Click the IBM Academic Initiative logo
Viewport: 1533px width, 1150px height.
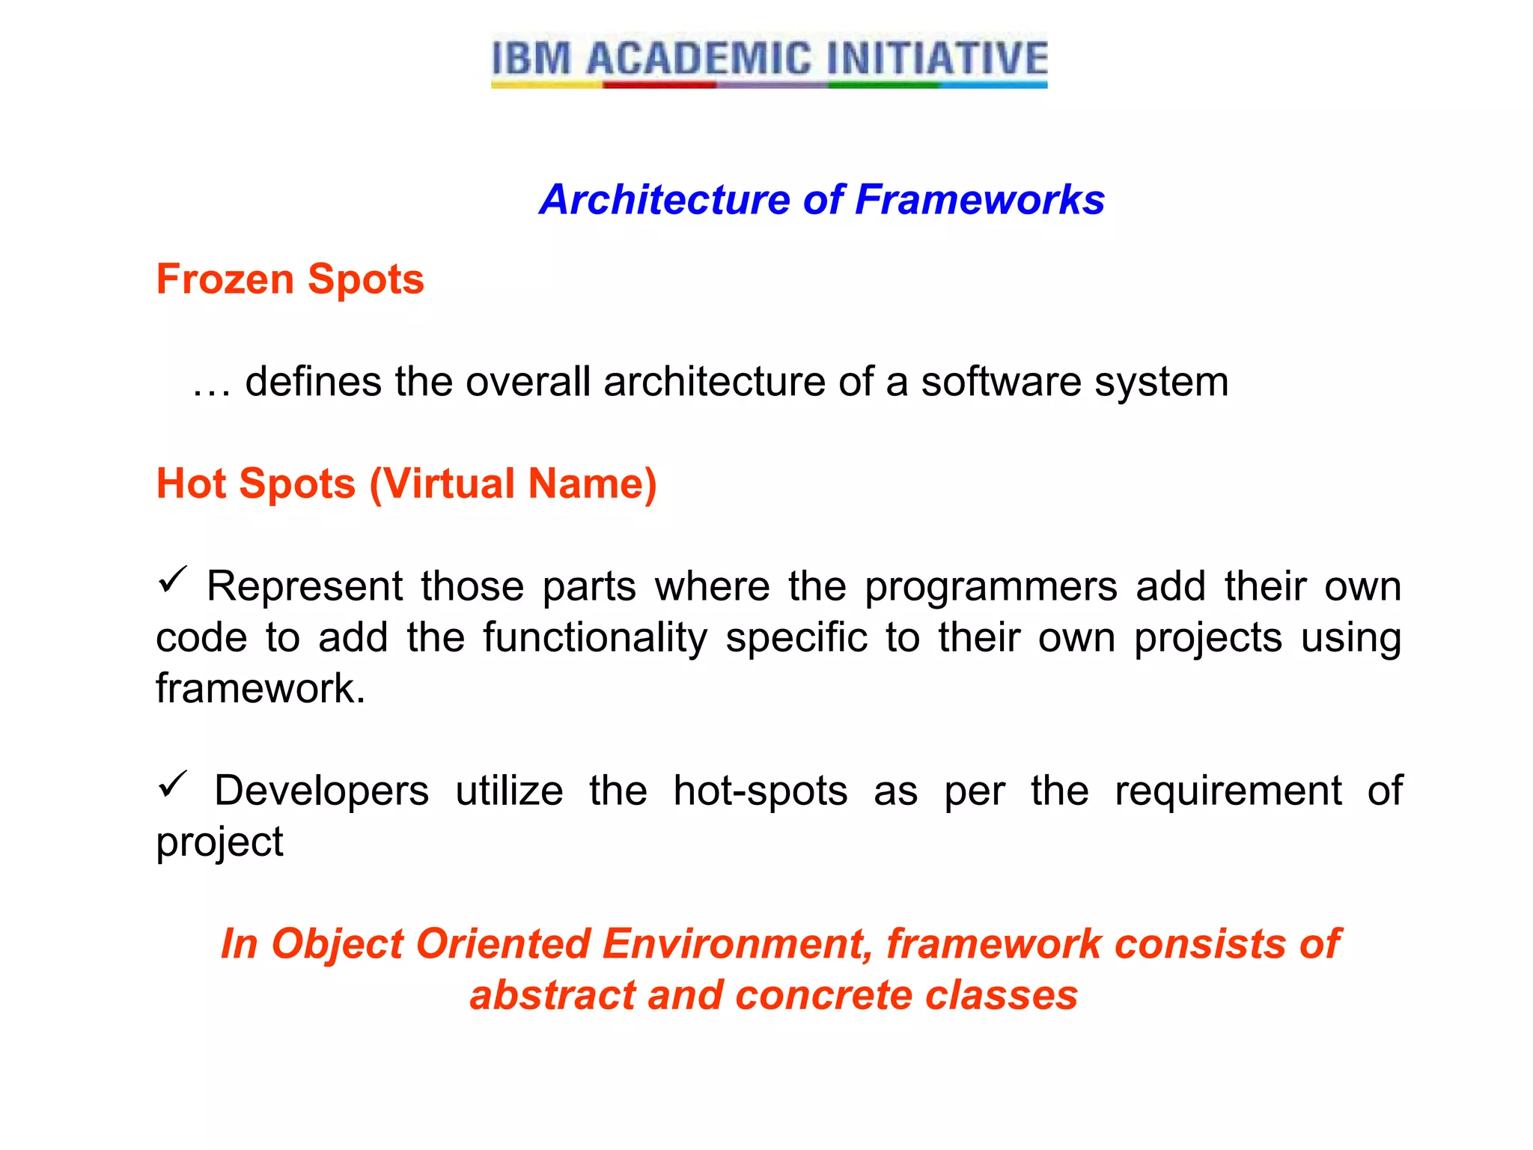769,61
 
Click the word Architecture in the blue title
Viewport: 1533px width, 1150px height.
663,200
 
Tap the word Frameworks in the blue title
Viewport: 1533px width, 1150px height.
979,200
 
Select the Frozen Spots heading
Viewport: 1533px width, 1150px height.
290,279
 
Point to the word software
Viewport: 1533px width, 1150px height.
1000,382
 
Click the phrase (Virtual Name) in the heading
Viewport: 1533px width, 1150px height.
513,484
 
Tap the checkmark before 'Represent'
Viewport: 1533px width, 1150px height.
172,580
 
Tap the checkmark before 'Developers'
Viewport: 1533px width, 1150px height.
172,785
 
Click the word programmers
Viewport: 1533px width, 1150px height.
990,587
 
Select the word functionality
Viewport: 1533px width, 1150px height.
594,638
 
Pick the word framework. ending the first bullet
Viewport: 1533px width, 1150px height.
260,689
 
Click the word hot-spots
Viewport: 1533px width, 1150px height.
760,791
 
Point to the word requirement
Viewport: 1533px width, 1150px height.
1228,791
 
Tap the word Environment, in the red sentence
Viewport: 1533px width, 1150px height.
737,944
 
